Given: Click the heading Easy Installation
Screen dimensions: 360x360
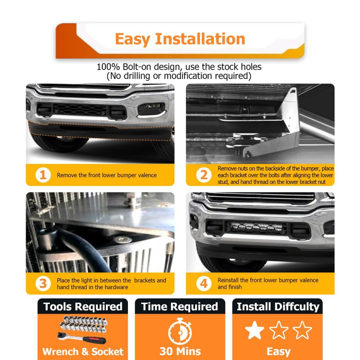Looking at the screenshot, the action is click(x=180, y=39).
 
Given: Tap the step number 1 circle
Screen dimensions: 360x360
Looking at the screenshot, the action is click(x=43, y=175).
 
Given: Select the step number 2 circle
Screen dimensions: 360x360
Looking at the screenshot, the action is click(x=204, y=175).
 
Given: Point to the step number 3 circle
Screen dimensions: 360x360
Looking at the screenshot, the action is click(x=43, y=284).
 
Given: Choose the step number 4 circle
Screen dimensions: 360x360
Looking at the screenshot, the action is click(x=204, y=284).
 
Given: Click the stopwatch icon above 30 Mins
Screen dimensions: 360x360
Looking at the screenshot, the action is click(x=180, y=331).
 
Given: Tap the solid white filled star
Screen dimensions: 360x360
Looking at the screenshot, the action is click(x=255, y=330).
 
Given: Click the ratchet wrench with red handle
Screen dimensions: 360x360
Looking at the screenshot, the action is click(x=82, y=338).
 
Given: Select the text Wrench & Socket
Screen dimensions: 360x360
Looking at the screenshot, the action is click(x=83, y=352).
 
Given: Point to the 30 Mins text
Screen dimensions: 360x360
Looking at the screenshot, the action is click(x=180, y=351).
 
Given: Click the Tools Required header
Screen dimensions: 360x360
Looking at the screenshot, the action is click(x=83, y=306).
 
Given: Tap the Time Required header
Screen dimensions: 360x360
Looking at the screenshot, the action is click(x=180, y=306).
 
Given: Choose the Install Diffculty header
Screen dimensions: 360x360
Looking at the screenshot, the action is click(x=278, y=307).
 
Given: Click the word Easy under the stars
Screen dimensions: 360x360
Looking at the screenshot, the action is click(x=278, y=352).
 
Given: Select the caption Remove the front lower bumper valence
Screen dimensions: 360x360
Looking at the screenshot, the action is click(x=107, y=175).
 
